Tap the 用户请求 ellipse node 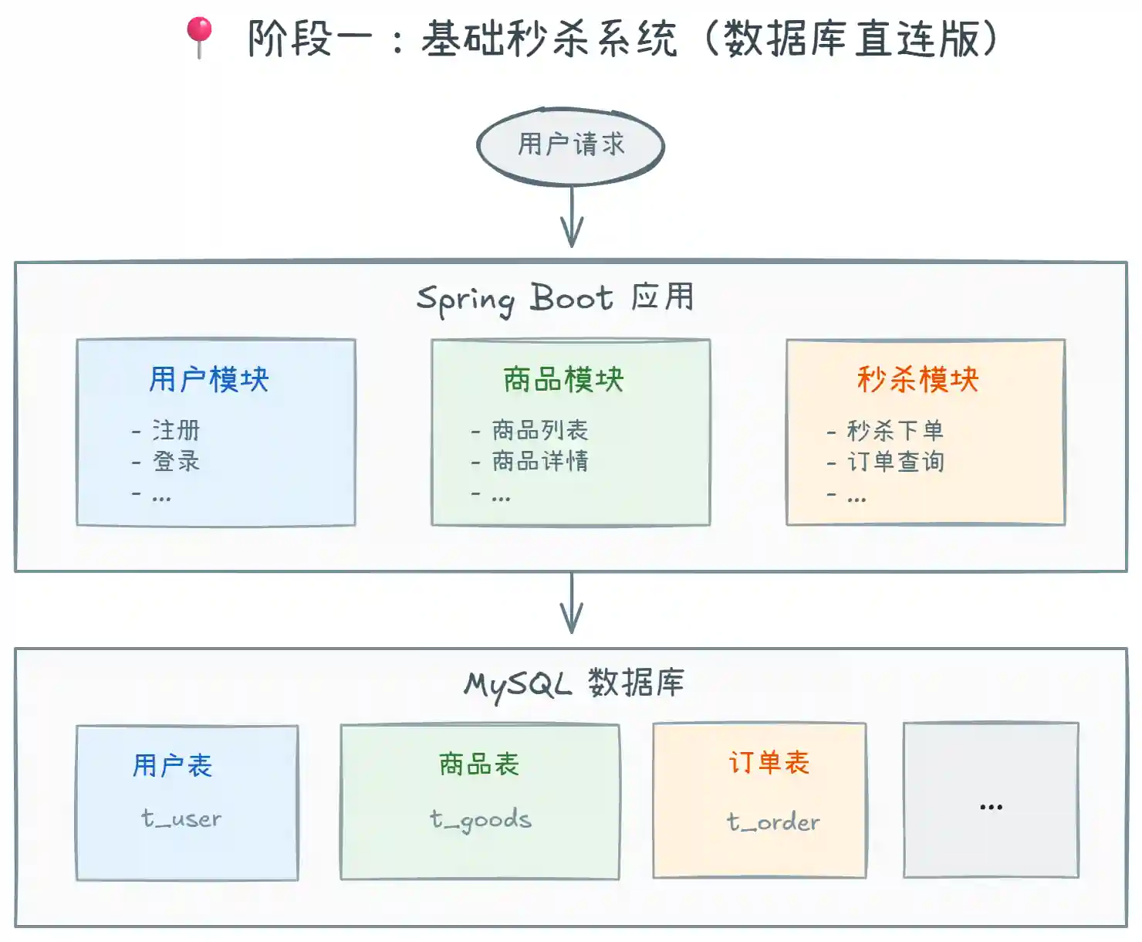571,145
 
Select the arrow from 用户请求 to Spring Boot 571,217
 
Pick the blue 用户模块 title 209,380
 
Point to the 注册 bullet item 176,430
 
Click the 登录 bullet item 176,462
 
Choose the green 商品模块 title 563,380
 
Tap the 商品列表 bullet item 540,430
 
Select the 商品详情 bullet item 540,462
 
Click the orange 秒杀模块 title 918,380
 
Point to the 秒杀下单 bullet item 895,430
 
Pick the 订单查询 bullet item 895,462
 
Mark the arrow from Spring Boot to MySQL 571,603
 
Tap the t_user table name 181,818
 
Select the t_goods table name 481,820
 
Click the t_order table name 773,822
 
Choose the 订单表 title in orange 769,763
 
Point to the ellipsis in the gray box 991,807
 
